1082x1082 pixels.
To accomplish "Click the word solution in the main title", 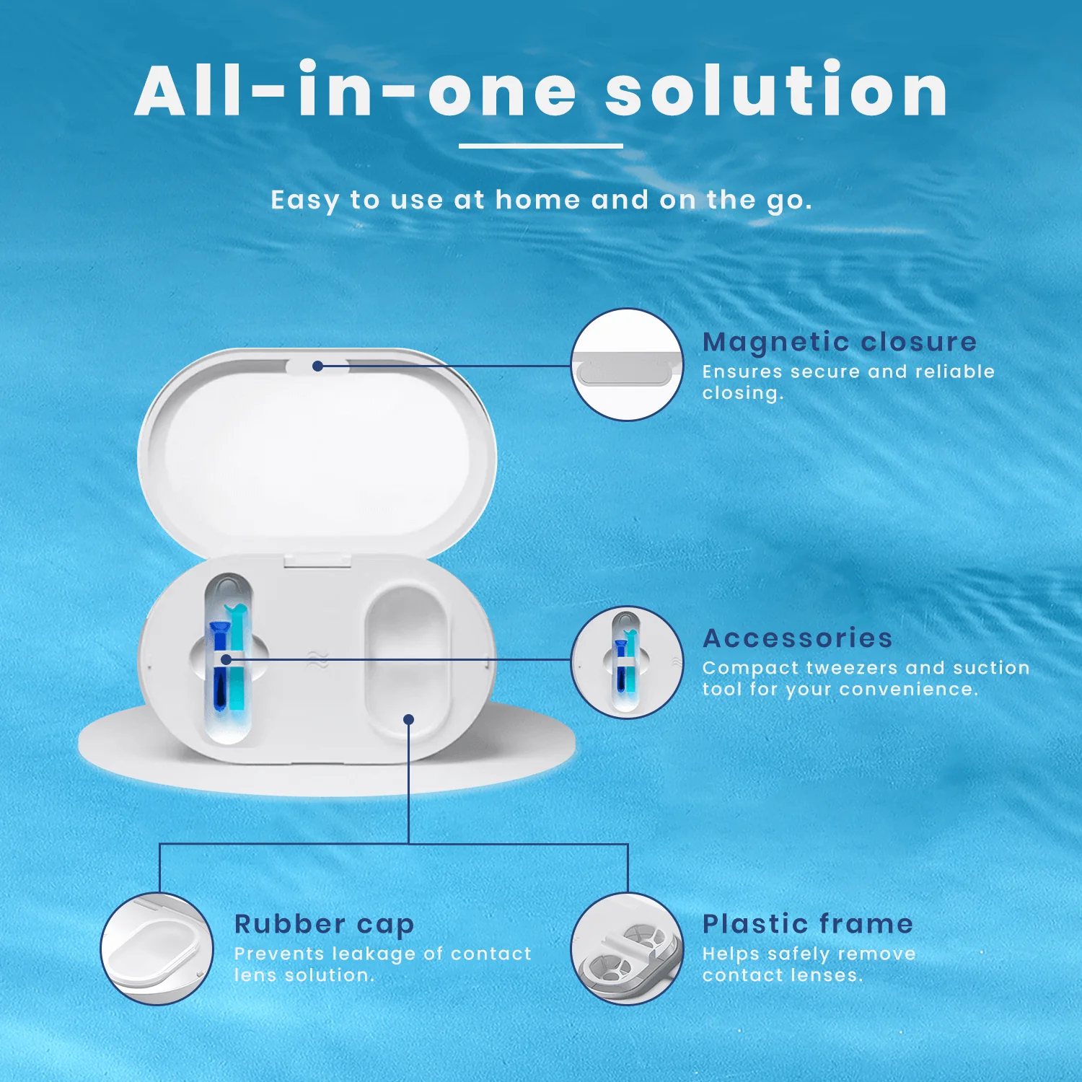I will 775,92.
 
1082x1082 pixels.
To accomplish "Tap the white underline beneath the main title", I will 540,146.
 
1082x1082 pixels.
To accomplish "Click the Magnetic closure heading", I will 839,341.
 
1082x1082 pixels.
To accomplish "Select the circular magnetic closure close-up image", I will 627,365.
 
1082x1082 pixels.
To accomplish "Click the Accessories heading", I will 797,638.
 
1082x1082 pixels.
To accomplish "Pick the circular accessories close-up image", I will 627,662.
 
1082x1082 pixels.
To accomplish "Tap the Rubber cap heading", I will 324,924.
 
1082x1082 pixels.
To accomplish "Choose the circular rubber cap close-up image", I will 157,949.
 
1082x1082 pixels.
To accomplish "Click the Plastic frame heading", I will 807,924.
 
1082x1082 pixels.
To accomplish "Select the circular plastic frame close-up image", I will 627,949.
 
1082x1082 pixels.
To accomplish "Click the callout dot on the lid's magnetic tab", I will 317,366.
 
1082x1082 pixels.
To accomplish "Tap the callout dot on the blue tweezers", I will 226,659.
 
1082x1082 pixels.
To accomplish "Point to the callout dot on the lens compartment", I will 408,719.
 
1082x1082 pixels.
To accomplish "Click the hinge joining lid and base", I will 317,560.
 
